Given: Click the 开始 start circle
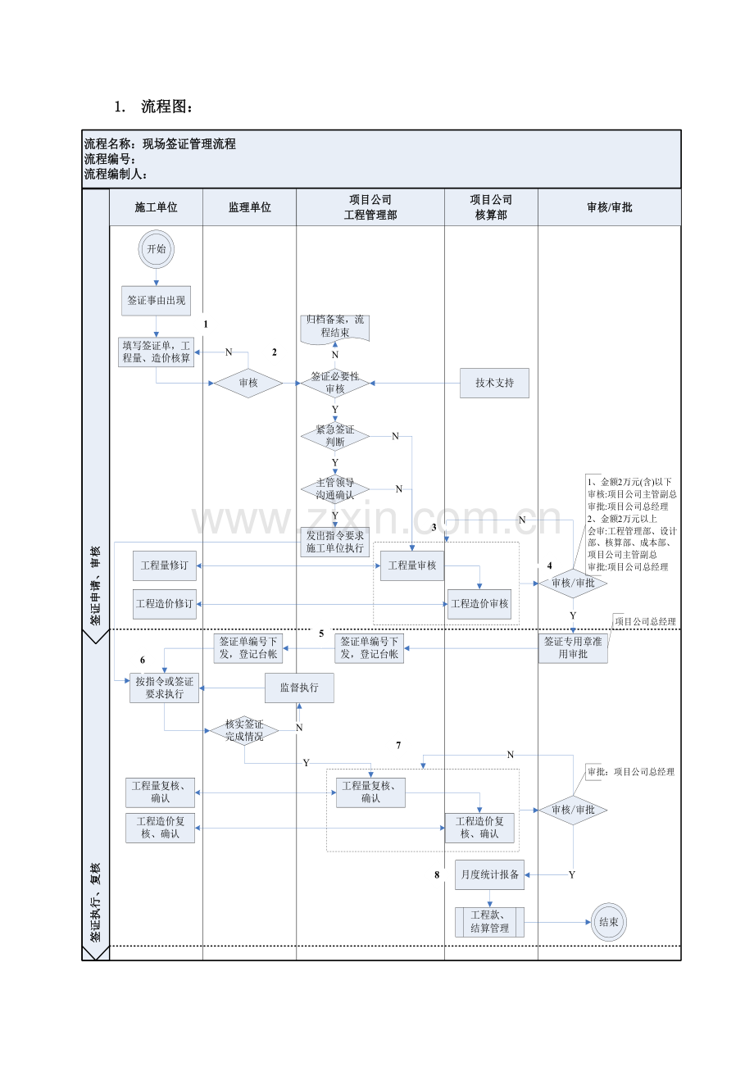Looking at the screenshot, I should (x=156, y=249).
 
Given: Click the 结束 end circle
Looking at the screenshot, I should (x=608, y=921).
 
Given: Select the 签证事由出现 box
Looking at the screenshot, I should (x=156, y=301).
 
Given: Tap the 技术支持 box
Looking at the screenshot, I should (x=494, y=383).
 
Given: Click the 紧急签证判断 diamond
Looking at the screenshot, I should (x=334, y=436).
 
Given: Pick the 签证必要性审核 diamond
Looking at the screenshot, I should (x=334, y=383).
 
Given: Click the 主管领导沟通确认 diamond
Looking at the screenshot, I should (x=334, y=489).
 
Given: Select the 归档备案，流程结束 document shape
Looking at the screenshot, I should (x=334, y=327).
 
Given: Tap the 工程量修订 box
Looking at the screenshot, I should (x=165, y=565).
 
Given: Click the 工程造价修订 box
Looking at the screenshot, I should (x=165, y=604).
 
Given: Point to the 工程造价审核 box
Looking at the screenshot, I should (x=479, y=604).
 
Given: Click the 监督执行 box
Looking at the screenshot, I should (x=299, y=688).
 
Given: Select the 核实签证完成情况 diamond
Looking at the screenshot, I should (x=244, y=730).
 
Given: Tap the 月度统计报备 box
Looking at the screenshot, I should (x=489, y=874).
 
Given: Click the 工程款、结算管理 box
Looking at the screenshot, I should (x=489, y=922).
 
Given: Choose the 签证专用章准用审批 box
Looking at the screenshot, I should (x=573, y=647).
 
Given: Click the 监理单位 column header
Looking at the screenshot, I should (x=249, y=208).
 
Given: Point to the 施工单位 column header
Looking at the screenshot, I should (x=156, y=208).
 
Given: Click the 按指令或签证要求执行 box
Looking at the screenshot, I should (x=164, y=688).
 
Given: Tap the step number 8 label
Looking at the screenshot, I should (x=437, y=875).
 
